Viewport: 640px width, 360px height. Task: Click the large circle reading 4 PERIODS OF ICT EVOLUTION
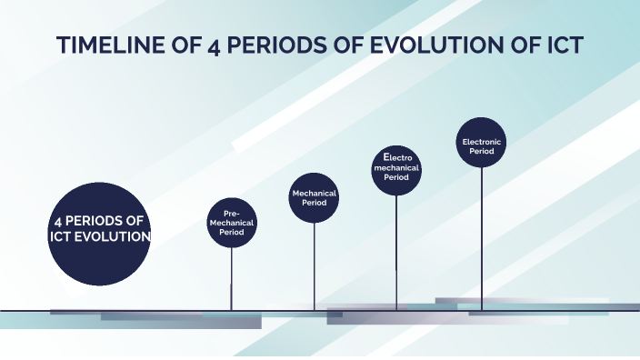pos(98,234)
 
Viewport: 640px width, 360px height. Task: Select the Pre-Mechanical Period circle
pos(232,222)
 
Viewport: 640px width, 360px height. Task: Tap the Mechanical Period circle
pos(315,198)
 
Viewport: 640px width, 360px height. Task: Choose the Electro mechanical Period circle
pos(396,168)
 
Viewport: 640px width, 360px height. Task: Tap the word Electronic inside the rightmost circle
pos(481,142)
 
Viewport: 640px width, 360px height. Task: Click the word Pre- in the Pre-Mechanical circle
pos(231,213)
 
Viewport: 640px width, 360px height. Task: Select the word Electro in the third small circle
pos(396,158)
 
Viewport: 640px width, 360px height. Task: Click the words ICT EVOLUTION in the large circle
pos(99,236)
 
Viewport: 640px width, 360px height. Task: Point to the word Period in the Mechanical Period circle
pos(315,204)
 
